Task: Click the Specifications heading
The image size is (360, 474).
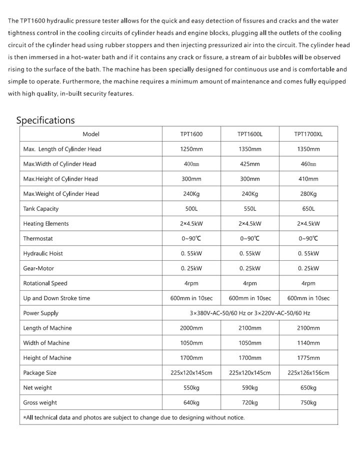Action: click(45, 120)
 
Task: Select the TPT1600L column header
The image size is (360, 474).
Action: click(250, 134)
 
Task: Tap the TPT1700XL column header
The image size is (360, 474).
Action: click(308, 134)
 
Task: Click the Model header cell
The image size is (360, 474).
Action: click(91, 134)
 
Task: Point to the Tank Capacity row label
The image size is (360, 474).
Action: click(41, 209)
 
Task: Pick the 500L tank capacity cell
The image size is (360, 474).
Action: click(191, 209)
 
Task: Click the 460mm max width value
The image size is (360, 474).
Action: click(308, 164)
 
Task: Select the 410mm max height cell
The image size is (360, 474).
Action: click(308, 179)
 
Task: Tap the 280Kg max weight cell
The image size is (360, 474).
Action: click(308, 194)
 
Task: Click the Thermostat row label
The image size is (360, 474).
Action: click(38, 239)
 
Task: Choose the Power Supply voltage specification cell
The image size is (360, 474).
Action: click(250, 313)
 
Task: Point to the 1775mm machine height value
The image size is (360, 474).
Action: click(308, 358)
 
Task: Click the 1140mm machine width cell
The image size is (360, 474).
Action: click(308, 343)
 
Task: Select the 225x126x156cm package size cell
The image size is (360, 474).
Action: click(308, 373)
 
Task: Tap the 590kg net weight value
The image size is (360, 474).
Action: click(250, 388)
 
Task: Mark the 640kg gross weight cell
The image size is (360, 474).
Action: click(191, 403)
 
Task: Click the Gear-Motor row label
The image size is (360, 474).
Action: click(38, 268)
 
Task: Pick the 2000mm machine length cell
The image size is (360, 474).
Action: click(191, 328)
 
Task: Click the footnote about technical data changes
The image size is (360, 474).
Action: click(134, 417)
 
